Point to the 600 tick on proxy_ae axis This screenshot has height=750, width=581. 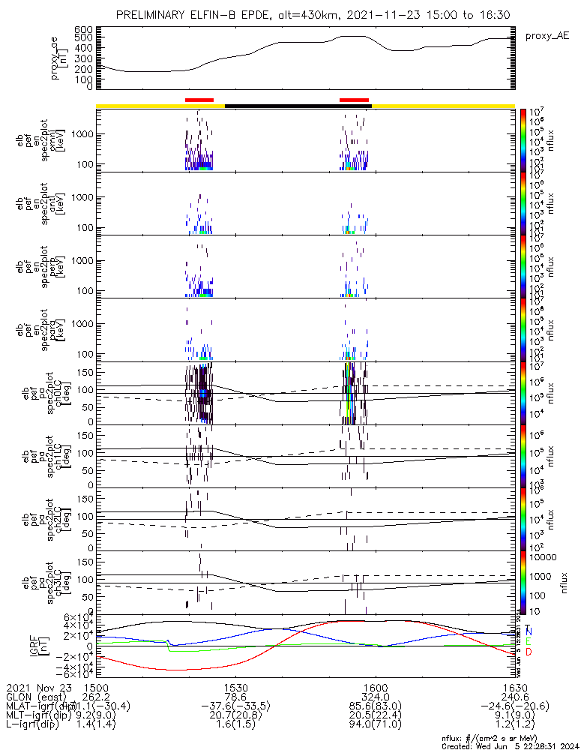[83, 29]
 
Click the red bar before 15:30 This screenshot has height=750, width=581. [199, 99]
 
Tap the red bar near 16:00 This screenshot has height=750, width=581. [354, 99]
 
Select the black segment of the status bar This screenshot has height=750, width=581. [298, 106]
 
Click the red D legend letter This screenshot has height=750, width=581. [529, 653]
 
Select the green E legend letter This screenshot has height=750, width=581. [529, 642]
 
